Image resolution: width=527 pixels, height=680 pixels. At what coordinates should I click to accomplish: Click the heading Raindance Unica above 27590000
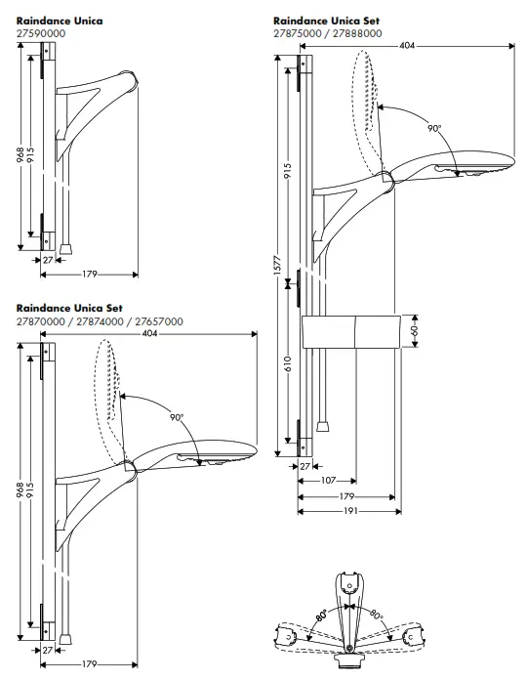60,20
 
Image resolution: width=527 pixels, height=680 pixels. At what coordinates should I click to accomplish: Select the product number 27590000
40,31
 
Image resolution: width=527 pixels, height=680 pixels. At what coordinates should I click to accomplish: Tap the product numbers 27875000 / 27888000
328,32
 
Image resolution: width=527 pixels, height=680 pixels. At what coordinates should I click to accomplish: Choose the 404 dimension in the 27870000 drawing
149,333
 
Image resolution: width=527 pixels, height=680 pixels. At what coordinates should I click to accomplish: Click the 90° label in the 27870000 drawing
177,416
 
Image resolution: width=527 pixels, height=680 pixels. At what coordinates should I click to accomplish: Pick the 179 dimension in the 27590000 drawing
91,273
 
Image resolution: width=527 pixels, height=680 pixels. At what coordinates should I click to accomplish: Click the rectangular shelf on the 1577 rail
353,332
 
